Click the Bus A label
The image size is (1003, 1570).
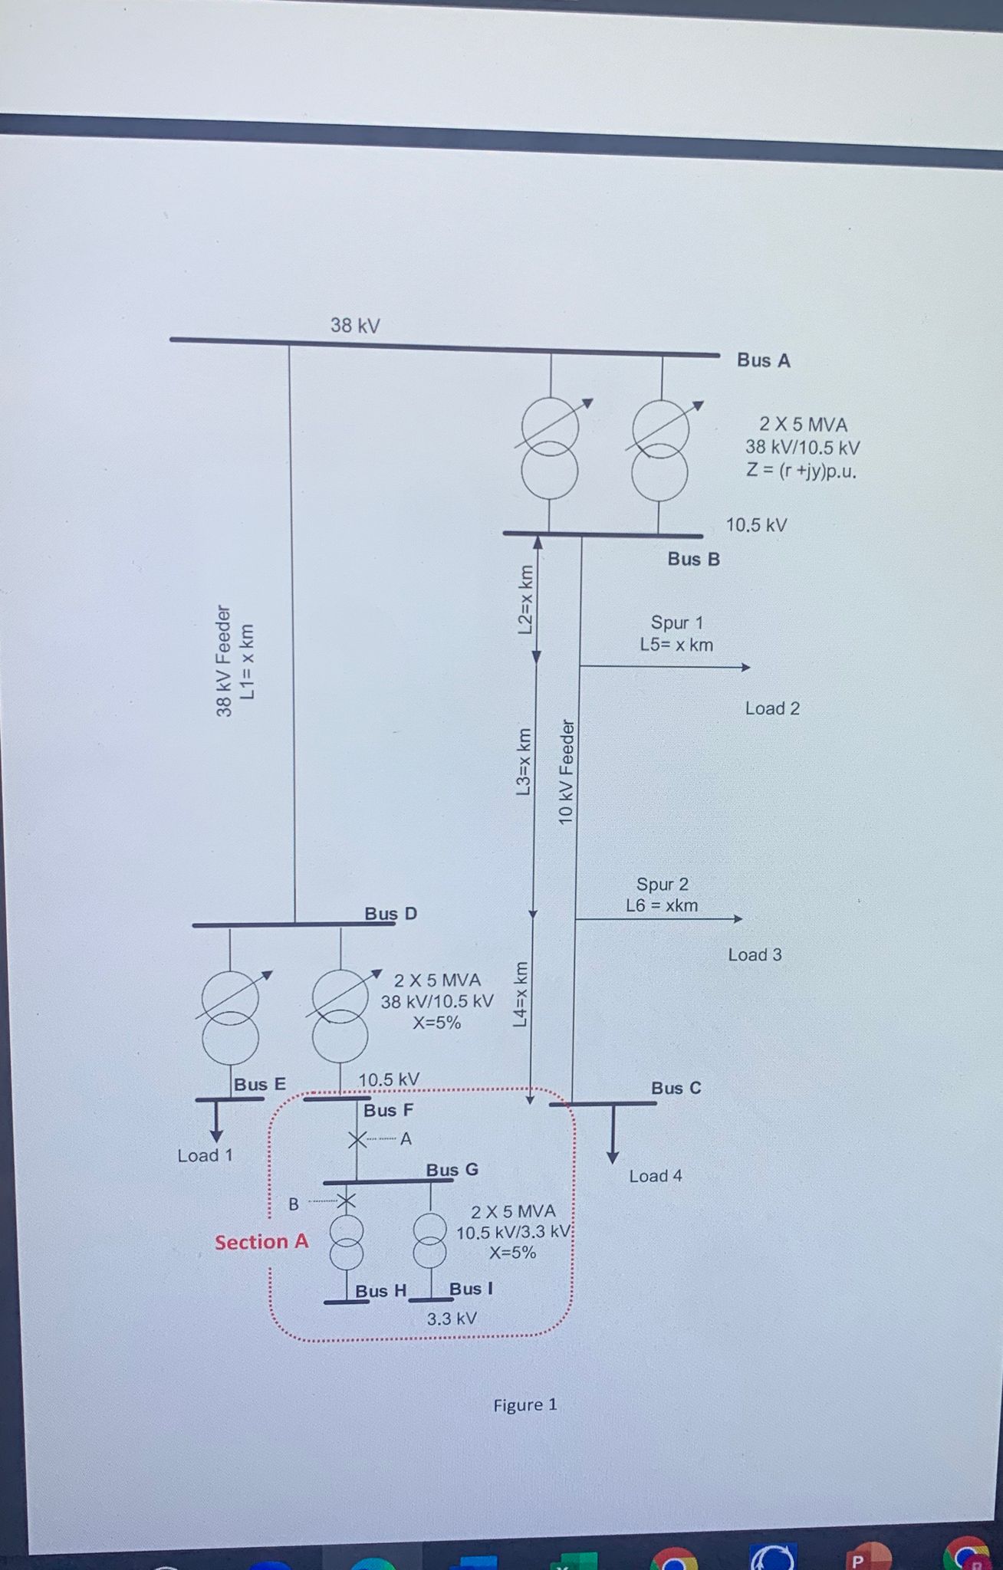tap(763, 360)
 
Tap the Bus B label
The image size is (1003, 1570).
tap(693, 559)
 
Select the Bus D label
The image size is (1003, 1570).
tap(390, 914)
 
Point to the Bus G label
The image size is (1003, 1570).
tap(452, 1170)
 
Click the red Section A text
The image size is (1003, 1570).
tap(261, 1242)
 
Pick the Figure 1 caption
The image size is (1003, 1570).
tap(525, 1405)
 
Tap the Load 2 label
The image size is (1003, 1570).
tap(772, 708)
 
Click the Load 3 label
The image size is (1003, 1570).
tap(755, 955)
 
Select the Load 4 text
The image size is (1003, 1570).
tap(656, 1176)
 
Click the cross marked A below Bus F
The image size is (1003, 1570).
tap(357, 1140)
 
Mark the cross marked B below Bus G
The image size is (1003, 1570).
tap(347, 1201)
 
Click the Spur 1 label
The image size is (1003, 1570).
tap(676, 622)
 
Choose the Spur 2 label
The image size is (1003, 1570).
tap(662, 885)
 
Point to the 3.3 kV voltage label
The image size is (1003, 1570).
tap(452, 1319)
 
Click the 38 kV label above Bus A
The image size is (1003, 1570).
tap(355, 325)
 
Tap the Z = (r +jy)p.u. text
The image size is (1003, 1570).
tap(801, 471)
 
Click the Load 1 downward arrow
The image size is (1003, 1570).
tap(217, 1120)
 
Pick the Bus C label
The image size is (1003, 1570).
tap(676, 1088)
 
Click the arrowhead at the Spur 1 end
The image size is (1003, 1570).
tap(745, 668)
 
